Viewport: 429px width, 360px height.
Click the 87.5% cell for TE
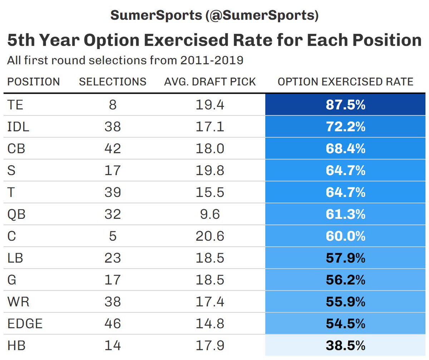click(345, 105)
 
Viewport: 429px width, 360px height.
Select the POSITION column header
click(34, 82)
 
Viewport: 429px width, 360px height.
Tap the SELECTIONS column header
click(113, 82)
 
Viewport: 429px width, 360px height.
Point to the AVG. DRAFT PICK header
click(210, 82)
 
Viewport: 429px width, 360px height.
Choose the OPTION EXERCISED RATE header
click(345, 82)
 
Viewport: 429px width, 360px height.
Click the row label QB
click(16, 214)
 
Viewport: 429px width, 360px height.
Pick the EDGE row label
click(25, 324)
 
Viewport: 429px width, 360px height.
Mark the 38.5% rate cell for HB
click(345, 346)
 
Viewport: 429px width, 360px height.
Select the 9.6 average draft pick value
click(210, 214)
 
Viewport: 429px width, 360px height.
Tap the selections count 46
click(113, 324)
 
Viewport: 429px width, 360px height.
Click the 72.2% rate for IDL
click(345, 127)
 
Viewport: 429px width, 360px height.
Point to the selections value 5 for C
click(113, 236)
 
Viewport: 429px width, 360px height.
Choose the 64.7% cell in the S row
click(345, 171)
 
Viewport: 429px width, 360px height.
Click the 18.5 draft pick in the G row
click(210, 280)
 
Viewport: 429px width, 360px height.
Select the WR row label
click(18, 302)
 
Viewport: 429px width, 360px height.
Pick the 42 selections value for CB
click(113, 149)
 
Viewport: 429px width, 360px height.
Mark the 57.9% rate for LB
click(345, 258)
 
